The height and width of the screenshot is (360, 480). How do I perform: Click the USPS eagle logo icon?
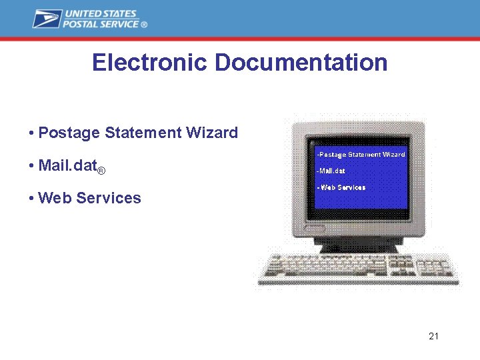(47, 19)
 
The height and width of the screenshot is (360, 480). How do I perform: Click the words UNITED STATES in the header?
(100, 14)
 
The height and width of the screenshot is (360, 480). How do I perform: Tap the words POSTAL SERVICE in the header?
(101, 24)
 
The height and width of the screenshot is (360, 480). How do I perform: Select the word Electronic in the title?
(151, 63)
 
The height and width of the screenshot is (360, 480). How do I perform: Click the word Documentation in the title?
(301, 63)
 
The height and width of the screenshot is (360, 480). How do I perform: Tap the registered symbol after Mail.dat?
(101, 171)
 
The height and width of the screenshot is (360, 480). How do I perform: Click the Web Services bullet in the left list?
(89, 198)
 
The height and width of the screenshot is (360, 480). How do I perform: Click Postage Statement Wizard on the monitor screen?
(361, 155)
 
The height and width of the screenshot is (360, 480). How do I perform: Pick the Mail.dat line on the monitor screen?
(331, 171)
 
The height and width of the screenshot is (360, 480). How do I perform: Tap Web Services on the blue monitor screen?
(341, 187)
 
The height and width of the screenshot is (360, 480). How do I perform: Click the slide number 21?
(433, 336)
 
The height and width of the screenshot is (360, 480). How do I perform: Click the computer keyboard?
(358, 269)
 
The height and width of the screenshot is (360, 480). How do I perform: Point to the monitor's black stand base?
(358, 246)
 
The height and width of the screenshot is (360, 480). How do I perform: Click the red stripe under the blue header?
(240, 39)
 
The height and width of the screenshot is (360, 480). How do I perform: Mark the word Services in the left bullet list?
(109, 198)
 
